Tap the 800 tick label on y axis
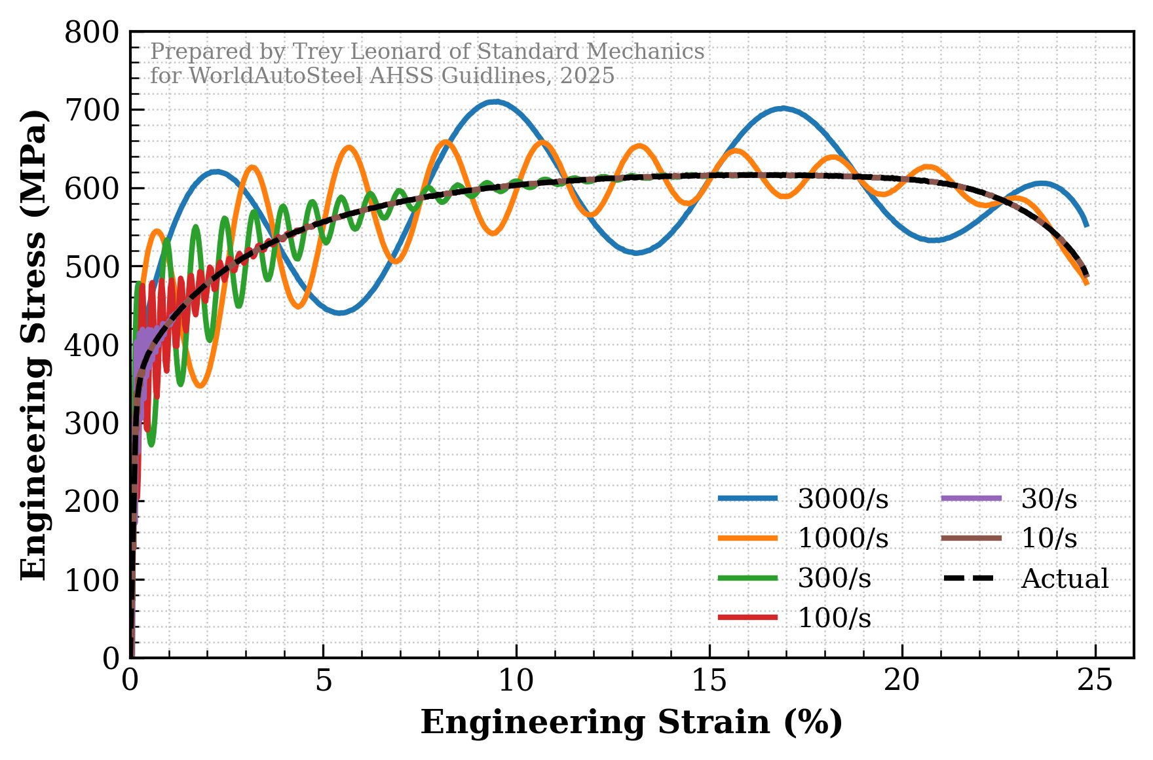92,33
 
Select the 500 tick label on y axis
92,267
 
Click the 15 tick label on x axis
709,681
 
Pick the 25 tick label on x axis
1095,681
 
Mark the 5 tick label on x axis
324,681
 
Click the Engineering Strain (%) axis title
632,723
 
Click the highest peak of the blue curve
495,101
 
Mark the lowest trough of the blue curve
339,313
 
